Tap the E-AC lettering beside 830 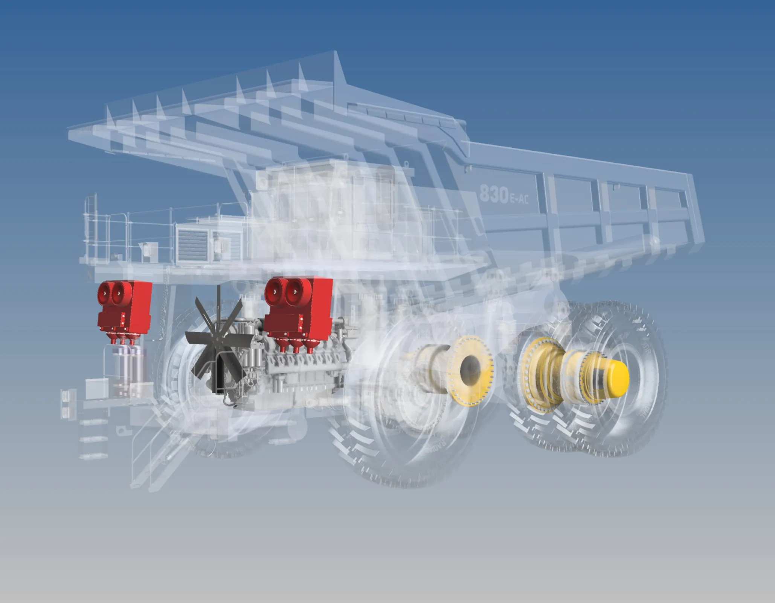pyautogui.click(x=518, y=198)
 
